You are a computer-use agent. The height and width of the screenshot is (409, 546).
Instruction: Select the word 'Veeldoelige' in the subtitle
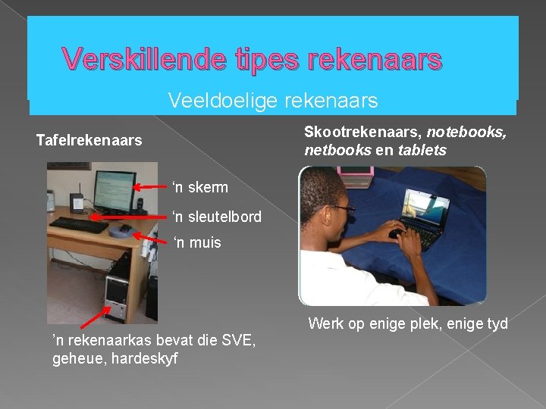point(212,100)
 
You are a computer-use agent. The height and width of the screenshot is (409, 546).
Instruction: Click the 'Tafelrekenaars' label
point(89,140)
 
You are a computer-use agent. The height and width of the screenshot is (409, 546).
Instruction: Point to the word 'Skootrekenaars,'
point(362,132)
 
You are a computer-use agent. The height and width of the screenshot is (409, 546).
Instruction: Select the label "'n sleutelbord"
point(217,217)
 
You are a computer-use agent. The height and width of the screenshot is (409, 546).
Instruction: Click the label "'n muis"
point(197,242)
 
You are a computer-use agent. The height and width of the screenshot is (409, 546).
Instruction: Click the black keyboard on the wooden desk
point(79,224)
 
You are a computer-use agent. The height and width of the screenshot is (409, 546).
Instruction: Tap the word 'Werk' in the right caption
point(325,324)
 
